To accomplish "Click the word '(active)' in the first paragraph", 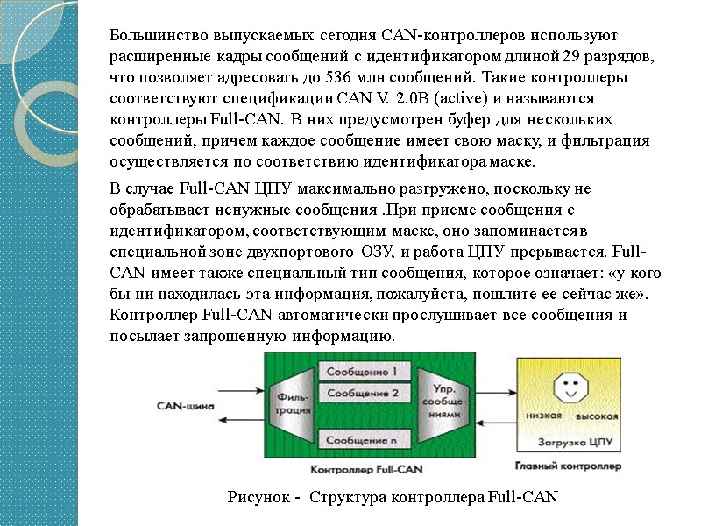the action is [424, 96].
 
